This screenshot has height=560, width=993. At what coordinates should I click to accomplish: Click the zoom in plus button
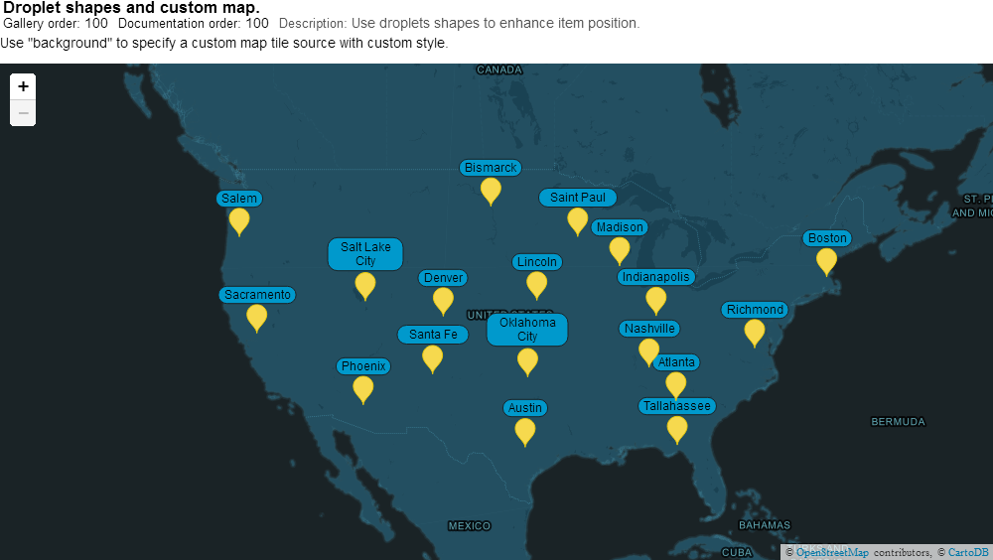pyautogui.click(x=23, y=86)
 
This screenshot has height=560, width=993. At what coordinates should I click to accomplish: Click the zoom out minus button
pyautogui.click(x=23, y=112)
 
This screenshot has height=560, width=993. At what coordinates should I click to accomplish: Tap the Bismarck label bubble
pyautogui.click(x=491, y=168)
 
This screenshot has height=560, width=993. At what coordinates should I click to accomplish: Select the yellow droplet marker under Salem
pyautogui.click(x=239, y=219)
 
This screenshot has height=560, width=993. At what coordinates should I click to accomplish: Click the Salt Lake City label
pyautogui.click(x=365, y=253)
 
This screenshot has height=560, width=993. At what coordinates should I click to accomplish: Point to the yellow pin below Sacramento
pyautogui.click(x=257, y=316)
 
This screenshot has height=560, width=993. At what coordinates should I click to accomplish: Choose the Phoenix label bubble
pyautogui.click(x=363, y=366)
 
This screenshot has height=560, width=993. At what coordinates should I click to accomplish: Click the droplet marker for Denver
pyautogui.click(x=443, y=299)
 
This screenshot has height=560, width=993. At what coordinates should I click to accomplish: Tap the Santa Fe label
pyautogui.click(x=433, y=335)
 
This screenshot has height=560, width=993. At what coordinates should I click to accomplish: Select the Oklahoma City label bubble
pyautogui.click(x=527, y=330)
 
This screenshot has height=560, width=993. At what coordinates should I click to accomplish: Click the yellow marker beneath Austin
pyautogui.click(x=525, y=430)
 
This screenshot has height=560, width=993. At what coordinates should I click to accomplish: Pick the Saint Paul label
pyautogui.click(x=578, y=198)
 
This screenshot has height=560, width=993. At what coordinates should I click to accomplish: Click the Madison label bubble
pyautogui.click(x=620, y=227)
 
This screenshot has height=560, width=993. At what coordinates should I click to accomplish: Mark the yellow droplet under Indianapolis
pyautogui.click(x=656, y=298)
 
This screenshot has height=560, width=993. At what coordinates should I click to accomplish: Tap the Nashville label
pyautogui.click(x=649, y=329)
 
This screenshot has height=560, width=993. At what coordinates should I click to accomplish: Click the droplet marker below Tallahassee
pyautogui.click(x=677, y=427)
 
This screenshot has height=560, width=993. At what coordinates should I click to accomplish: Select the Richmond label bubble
pyautogui.click(x=755, y=310)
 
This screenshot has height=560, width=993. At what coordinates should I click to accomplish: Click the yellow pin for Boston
pyautogui.click(x=826, y=259)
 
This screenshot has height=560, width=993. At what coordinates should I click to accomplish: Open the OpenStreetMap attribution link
pyautogui.click(x=832, y=552)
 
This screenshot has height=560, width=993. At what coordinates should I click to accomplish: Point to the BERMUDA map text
pyautogui.click(x=898, y=422)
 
